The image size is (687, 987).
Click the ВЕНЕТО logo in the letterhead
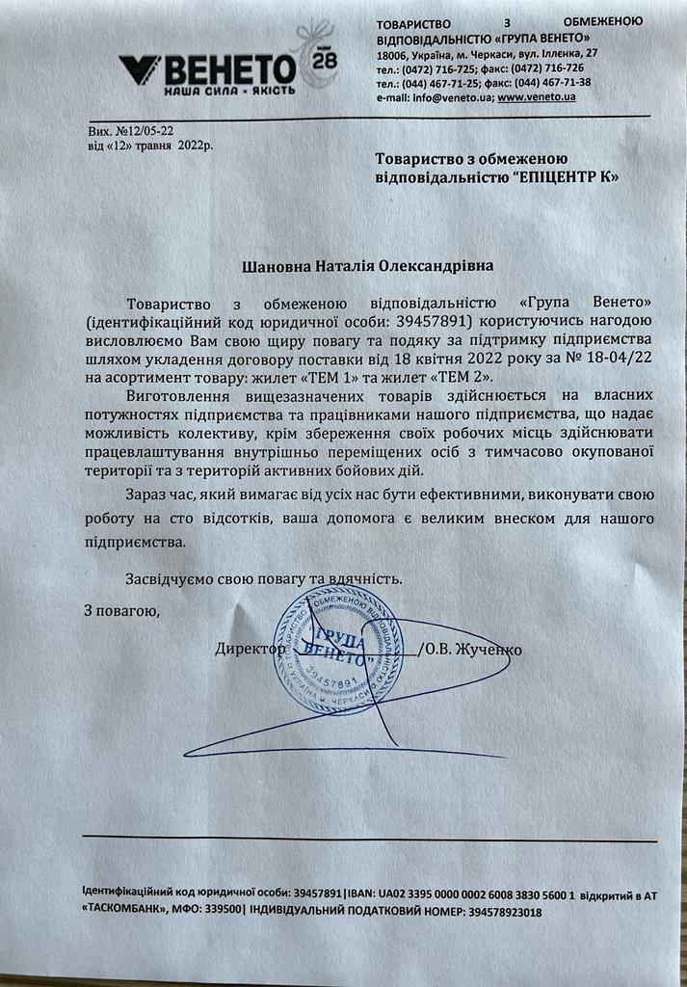[207, 68]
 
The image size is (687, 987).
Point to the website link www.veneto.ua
[538, 97]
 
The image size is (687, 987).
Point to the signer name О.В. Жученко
[476, 650]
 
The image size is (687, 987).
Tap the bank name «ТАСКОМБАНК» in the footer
[126, 911]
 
